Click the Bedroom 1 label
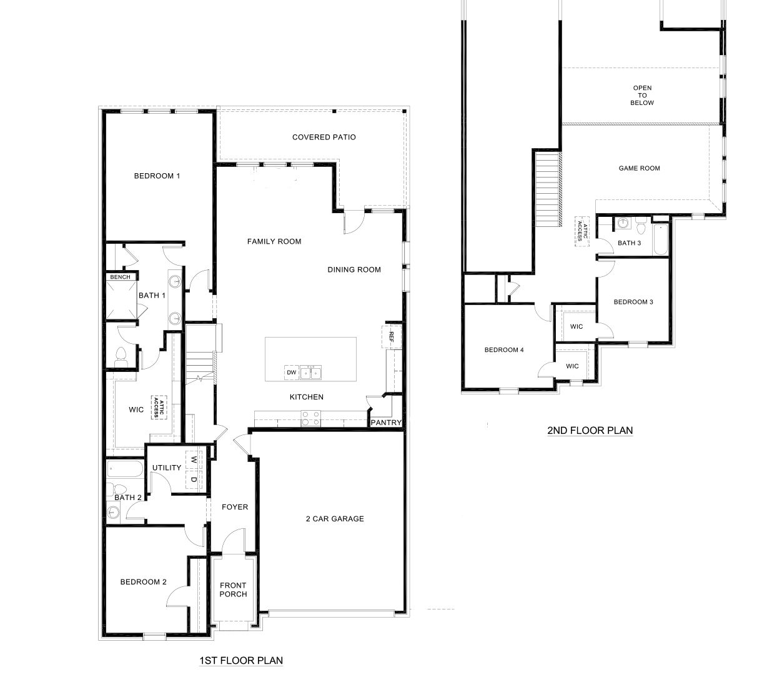(157, 176)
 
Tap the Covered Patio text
(324, 138)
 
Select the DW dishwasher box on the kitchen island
(291, 373)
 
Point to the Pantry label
(385, 423)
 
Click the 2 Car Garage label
(335, 519)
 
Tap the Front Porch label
(233, 590)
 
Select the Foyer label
(235, 507)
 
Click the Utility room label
(167, 468)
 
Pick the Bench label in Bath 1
(120, 277)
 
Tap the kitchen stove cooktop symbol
(310, 418)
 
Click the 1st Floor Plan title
(240, 660)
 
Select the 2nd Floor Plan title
(590, 430)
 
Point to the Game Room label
(639, 168)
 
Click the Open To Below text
(641, 96)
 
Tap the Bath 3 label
(629, 243)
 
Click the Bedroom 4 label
(504, 350)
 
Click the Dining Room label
(354, 270)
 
